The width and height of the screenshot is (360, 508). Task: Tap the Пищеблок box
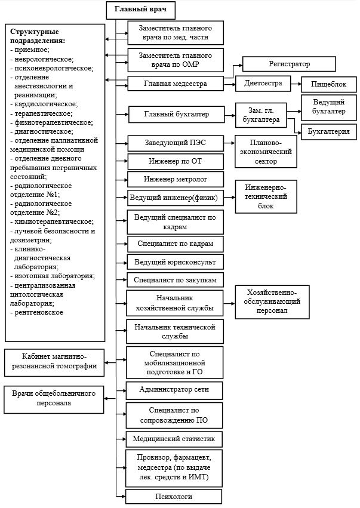click(328, 85)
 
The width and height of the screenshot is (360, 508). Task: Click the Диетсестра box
click(263, 83)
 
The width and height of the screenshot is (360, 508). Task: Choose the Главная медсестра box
click(176, 84)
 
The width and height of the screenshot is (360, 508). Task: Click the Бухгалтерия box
click(329, 131)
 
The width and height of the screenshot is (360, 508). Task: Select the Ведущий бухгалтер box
click(328, 107)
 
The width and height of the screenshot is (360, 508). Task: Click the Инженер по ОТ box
click(176, 161)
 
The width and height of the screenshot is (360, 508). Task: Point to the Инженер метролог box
click(176, 179)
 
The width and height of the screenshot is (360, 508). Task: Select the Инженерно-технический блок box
click(266, 196)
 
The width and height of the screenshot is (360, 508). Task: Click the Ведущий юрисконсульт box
click(176, 262)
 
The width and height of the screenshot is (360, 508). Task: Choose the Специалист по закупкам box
click(176, 279)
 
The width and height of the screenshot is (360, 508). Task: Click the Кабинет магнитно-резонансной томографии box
click(53, 361)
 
